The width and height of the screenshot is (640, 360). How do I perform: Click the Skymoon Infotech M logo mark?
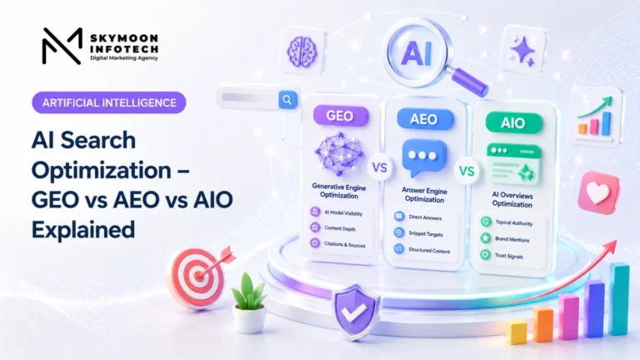pyautogui.click(x=62, y=46)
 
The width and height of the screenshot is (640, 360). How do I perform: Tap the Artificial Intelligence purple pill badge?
pyautogui.click(x=109, y=102)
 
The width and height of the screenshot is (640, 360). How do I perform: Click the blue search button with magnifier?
pyautogui.click(x=287, y=100)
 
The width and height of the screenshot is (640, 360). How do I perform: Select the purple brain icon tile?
pyautogui.click(x=302, y=51)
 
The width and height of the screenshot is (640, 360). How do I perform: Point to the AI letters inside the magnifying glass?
pyautogui.click(x=416, y=53)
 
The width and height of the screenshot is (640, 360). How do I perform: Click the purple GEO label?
pyautogui.click(x=340, y=116)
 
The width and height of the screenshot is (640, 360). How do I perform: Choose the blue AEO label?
pyautogui.click(x=424, y=119)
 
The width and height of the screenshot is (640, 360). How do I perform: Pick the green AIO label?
pyautogui.click(x=513, y=122)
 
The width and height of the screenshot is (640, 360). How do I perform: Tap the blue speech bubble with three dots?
pyautogui.click(x=423, y=157)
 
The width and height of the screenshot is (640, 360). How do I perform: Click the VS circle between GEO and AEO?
pyautogui.click(x=380, y=167)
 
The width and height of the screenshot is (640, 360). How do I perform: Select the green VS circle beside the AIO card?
pyautogui.click(x=467, y=172)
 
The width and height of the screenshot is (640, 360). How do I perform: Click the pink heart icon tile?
pyautogui.click(x=598, y=193)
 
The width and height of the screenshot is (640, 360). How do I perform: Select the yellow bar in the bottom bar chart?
pyautogui.click(x=517, y=332)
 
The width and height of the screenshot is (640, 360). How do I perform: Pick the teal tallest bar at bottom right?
pyautogui.click(x=619, y=299)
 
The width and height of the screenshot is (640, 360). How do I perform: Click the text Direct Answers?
pyautogui.click(x=425, y=217)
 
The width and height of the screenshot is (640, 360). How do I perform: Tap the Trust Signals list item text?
pyautogui.click(x=508, y=256)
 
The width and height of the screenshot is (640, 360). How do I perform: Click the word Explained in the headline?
pyautogui.click(x=83, y=229)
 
